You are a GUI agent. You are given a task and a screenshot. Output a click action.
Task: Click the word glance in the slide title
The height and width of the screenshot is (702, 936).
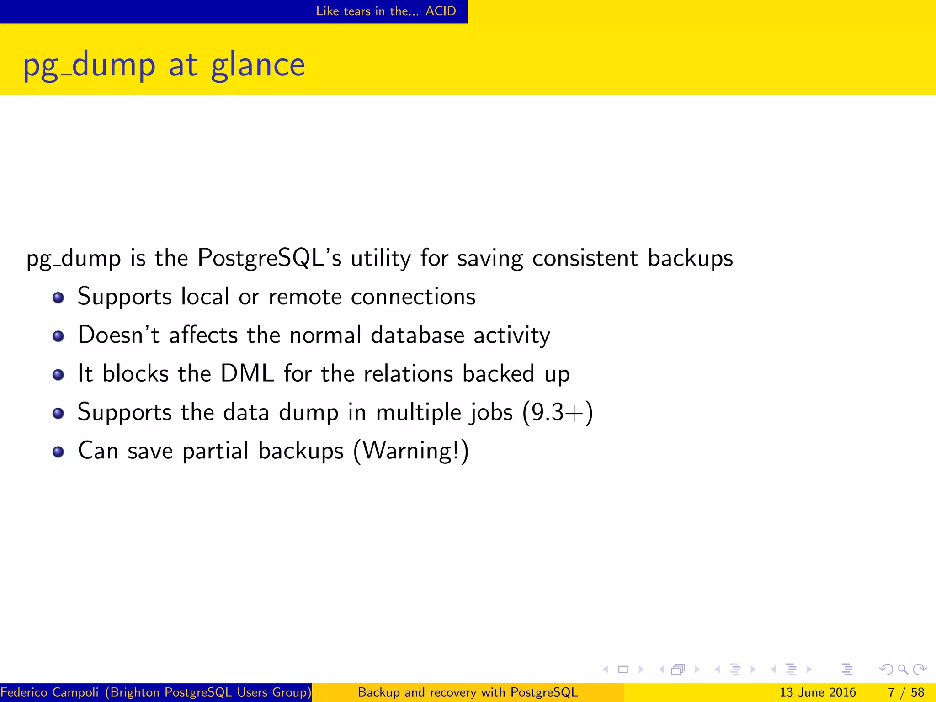pos(258,65)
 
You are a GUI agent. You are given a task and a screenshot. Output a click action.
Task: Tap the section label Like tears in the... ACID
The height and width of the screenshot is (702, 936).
pos(386,11)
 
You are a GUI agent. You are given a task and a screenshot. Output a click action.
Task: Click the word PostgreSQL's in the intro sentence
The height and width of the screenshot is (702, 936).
pos(270,258)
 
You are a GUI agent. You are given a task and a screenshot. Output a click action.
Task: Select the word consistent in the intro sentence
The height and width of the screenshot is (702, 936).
pos(585,258)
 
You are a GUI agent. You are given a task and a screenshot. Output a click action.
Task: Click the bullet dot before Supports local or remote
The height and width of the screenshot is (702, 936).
pos(58,298)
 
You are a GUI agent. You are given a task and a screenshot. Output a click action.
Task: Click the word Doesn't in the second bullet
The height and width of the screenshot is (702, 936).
pos(118,335)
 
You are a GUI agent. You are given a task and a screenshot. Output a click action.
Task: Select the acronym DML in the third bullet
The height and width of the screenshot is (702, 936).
pos(247,373)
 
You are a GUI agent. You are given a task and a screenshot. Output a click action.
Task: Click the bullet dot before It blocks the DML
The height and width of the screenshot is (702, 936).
pos(58,375)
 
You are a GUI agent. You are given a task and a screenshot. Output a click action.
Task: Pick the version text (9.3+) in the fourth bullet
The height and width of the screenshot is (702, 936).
pos(558,412)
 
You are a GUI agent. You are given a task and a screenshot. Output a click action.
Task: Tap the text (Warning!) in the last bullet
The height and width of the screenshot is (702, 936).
pos(411,451)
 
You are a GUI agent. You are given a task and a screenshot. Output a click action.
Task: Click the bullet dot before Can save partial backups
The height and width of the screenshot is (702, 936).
pos(58,452)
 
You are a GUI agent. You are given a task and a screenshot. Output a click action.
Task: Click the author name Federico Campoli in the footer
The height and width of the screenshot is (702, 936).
pos(49,692)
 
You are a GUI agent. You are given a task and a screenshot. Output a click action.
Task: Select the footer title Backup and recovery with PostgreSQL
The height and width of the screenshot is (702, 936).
pos(468,692)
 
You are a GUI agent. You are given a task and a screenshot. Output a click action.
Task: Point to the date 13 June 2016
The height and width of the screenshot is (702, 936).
pos(817,692)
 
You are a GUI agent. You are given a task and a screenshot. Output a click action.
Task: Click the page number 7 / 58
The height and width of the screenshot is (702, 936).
pos(906,692)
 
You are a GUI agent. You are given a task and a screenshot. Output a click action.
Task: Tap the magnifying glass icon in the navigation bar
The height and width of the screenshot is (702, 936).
pos(903,670)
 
